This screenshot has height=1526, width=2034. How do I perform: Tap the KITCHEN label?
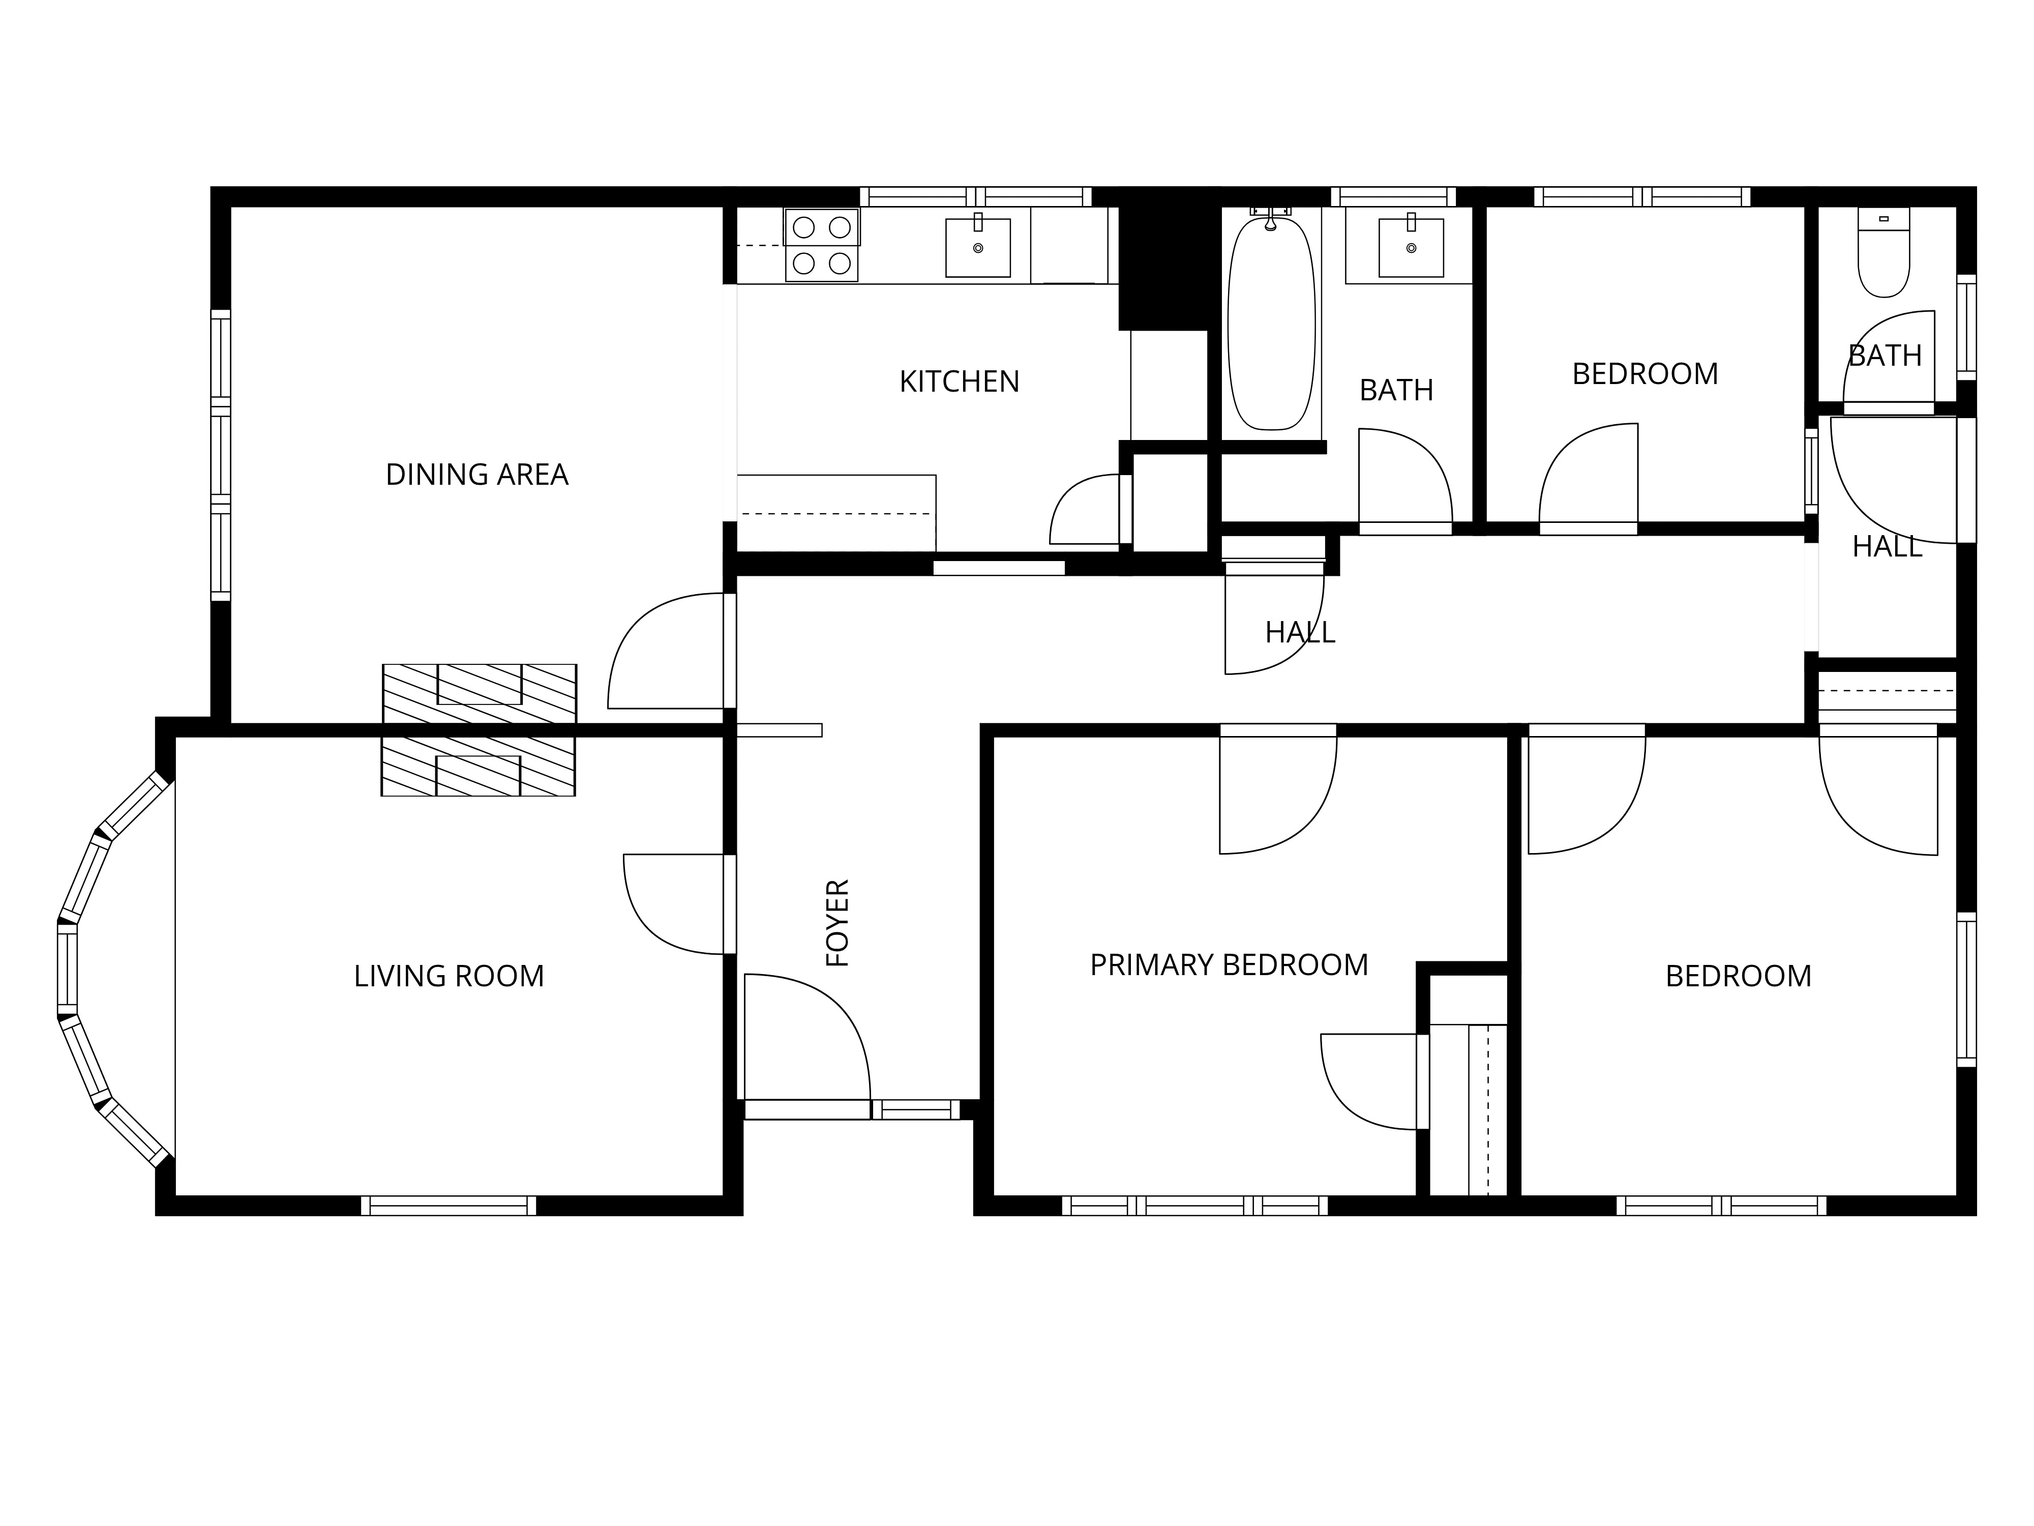click(x=959, y=382)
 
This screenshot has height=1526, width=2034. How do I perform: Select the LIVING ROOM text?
click(x=448, y=976)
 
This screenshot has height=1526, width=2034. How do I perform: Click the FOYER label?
click(x=837, y=923)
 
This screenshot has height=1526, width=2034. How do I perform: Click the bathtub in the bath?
click(x=1272, y=322)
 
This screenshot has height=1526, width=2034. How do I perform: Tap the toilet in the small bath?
click(x=1883, y=252)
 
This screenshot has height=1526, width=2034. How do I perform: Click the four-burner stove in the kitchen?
click(x=821, y=245)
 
